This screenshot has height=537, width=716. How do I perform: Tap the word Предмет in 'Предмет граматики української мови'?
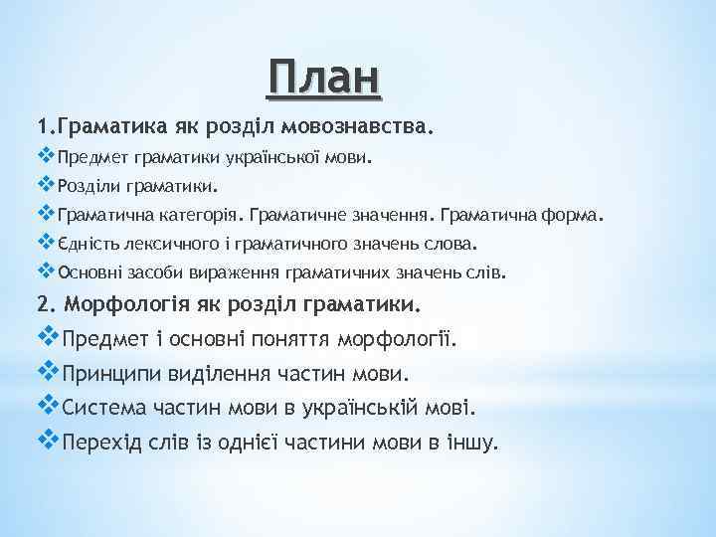pyautogui.click(x=88, y=157)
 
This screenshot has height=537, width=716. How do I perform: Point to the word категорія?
pyautogui.click(x=201, y=214)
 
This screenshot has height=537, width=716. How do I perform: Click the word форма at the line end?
pyautogui.click(x=571, y=214)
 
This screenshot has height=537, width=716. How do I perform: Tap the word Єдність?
pyautogui.click(x=89, y=243)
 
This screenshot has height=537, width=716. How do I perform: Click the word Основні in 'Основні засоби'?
pyautogui.click(x=91, y=270)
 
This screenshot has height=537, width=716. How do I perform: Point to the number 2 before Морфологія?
pyautogui.click(x=42, y=301)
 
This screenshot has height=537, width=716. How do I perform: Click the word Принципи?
pyautogui.click(x=109, y=373)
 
